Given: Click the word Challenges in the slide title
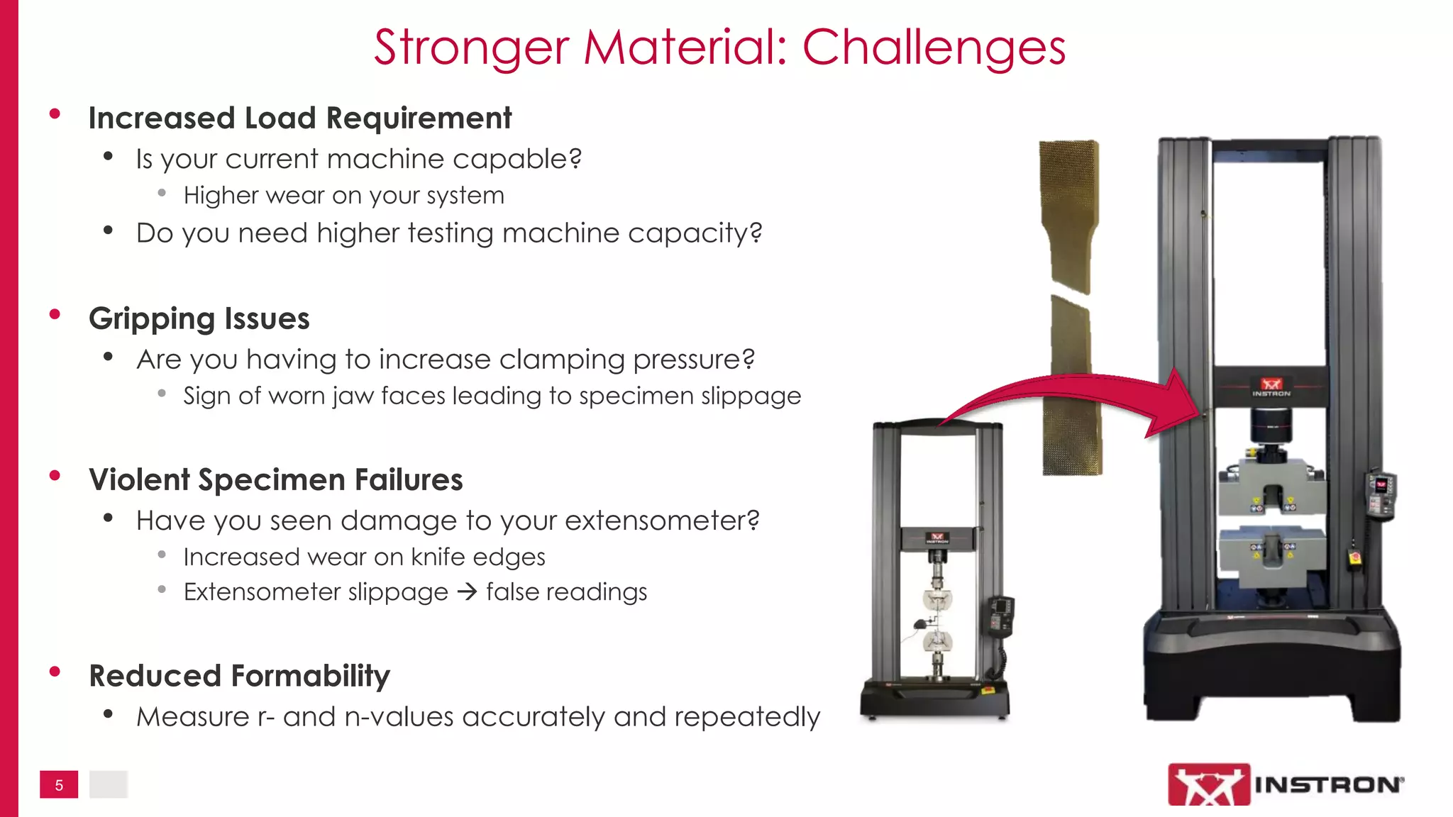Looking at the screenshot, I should [x=934, y=48].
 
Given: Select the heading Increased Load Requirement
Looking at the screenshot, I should [x=299, y=118].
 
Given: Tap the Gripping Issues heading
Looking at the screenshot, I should [x=199, y=319].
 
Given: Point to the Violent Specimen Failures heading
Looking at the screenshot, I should [x=275, y=480].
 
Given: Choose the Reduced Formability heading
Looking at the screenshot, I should [x=239, y=676].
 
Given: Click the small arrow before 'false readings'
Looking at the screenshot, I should [x=467, y=591].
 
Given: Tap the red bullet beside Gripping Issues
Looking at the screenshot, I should [x=55, y=315].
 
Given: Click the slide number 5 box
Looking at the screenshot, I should [x=59, y=784].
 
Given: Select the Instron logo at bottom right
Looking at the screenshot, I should [x=1285, y=784].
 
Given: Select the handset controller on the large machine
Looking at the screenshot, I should [x=1381, y=494].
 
